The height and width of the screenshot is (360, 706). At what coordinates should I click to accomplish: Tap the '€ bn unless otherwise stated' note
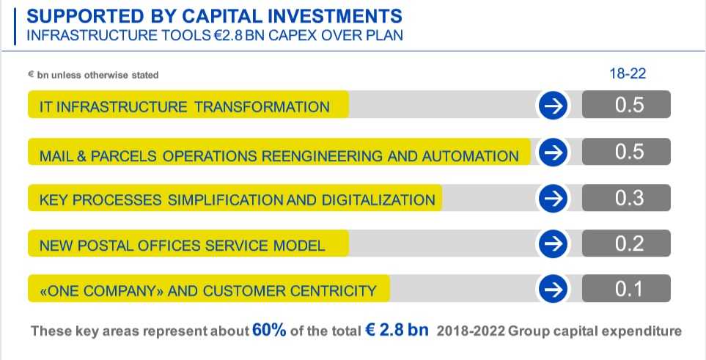click(x=93, y=75)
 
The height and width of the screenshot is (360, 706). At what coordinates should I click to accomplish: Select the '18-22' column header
click(x=627, y=73)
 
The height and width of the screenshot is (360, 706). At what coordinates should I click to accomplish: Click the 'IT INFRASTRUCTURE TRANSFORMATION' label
click(x=184, y=107)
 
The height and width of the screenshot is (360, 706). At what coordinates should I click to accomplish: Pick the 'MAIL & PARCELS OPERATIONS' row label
click(x=279, y=155)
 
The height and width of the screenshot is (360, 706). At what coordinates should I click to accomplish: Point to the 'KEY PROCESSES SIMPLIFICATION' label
click(x=237, y=199)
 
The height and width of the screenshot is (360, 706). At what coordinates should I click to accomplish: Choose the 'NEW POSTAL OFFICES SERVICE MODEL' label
click(x=182, y=246)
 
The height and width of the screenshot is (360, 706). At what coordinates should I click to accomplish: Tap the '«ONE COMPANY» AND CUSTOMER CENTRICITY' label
click(x=207, y=291)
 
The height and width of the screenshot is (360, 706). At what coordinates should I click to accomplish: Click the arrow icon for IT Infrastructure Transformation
click(x=554, y=107)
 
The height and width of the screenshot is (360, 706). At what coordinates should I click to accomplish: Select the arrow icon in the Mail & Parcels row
click(x=554, y=153)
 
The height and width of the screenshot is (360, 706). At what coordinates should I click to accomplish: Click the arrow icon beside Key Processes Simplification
click(x=554, y=199)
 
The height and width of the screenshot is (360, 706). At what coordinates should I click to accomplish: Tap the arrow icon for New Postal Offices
click(x=554, y=244)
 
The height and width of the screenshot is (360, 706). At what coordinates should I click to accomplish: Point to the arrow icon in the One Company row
click(x=554, y=290)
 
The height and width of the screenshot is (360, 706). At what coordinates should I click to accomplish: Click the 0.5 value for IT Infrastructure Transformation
click(x=627, y=105)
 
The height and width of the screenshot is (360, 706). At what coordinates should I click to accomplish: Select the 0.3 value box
click(x=627, y=198)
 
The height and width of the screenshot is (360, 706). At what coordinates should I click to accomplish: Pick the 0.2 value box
click(x=627, y=243)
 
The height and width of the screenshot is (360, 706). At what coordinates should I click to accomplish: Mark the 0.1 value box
click(x=627, y=289)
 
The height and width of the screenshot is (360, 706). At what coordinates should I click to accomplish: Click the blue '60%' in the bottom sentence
click(x=269, y=330)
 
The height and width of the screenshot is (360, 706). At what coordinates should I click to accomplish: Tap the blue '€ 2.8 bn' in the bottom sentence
click(x=397, y=330)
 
